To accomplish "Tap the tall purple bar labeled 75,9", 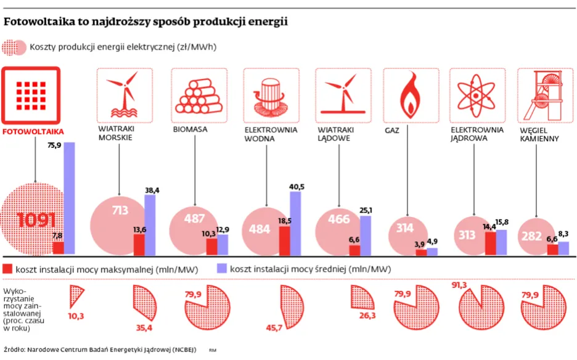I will (x=70, y=197).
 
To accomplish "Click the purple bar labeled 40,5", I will (x=295, y=223).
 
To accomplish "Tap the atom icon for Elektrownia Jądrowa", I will (x=478, y=95).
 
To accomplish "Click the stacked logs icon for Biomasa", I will (x=197, y=96).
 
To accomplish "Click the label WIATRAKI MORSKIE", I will (x=117, y=134).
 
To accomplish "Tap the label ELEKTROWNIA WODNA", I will (x=271, y=134).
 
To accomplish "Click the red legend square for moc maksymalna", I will (x=8, y=269).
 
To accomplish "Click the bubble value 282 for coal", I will (x=533, y=235).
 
